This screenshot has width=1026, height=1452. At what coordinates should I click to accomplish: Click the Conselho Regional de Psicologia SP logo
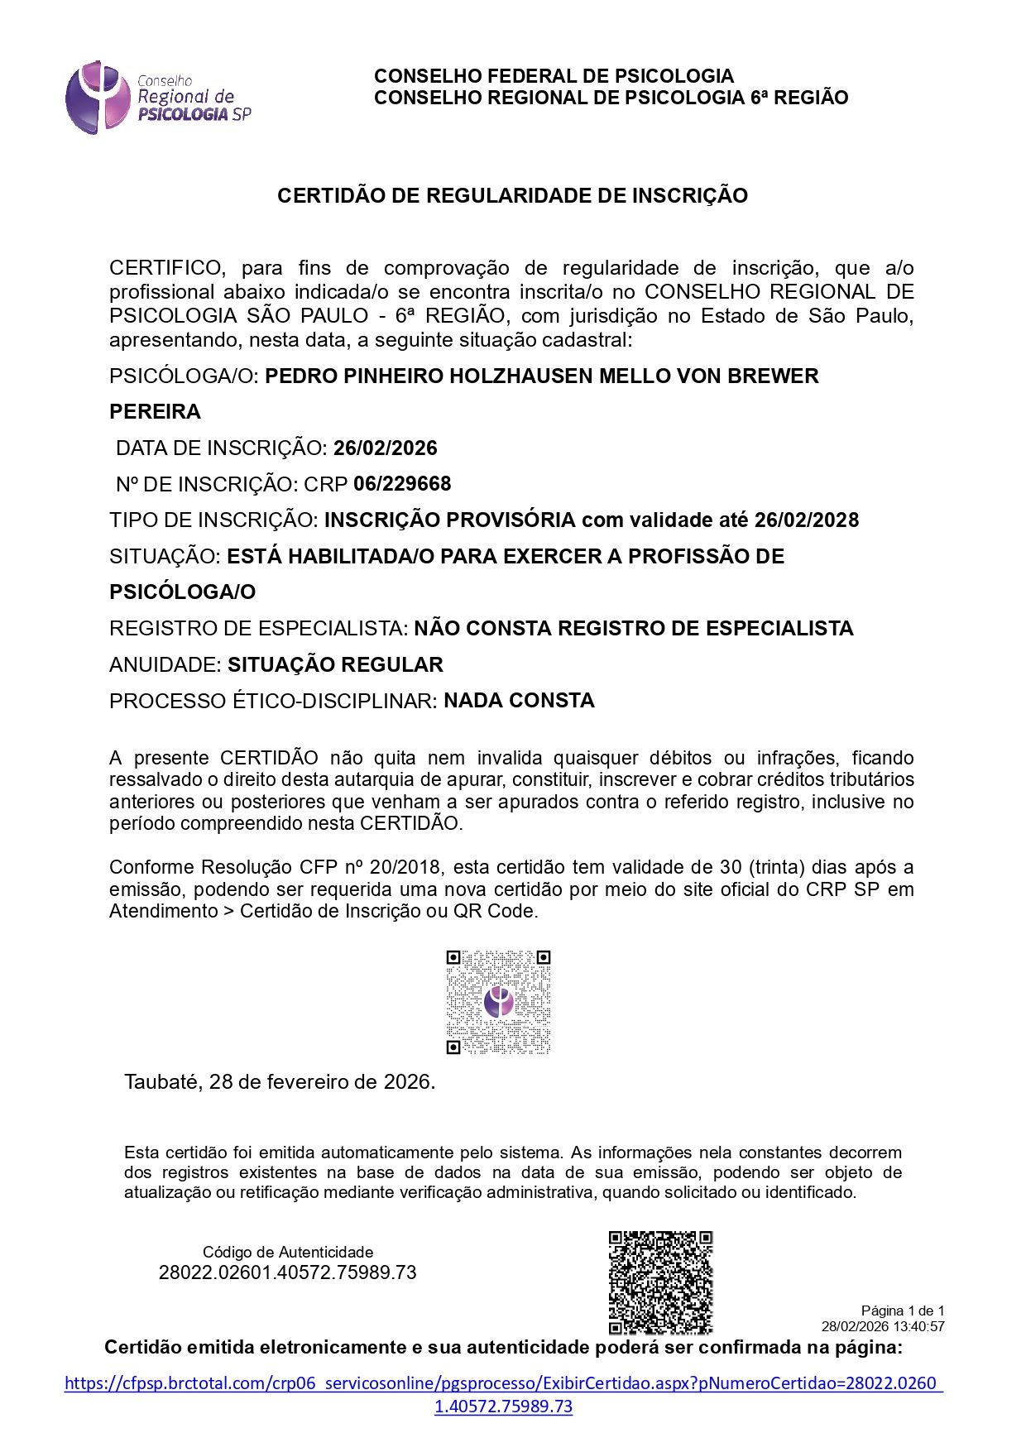coord(157,98)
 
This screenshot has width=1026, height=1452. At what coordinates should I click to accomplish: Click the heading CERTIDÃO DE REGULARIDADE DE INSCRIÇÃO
coord(512,196)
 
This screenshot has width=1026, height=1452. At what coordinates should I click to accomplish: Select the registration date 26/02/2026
coord(385,448)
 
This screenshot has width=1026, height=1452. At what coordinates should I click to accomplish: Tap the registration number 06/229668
coord(402,484)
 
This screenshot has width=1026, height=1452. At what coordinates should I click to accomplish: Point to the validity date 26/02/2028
coord(807,520)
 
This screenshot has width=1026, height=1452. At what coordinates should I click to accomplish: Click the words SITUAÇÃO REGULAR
coord(335,665)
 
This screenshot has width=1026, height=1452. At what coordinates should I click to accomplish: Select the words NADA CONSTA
coord(519,701)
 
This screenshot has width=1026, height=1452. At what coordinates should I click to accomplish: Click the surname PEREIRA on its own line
coord(155,412)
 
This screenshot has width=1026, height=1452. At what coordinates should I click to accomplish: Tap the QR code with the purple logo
coord(498,1002)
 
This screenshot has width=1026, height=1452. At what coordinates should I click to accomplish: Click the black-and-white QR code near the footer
coord(660,1282)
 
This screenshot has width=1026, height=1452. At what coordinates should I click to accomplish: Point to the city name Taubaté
coord(161,1082)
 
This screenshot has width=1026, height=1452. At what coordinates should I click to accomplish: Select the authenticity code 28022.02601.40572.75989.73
coord(287,1272)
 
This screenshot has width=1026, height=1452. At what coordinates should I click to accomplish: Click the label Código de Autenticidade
coord(288,1253)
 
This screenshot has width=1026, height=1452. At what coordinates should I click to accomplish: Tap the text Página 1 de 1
coord(902,1311)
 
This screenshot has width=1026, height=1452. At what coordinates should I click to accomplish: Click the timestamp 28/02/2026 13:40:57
coord(882,1326)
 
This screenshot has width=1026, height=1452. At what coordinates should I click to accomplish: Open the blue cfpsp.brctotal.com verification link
coord(503,1383)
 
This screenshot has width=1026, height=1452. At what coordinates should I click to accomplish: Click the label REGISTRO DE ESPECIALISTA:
coord(258,629)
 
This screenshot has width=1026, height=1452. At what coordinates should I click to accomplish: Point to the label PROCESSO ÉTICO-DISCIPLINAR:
coord(273,702)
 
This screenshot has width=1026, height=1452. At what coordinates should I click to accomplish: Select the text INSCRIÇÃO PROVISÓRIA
coord(449,520)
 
